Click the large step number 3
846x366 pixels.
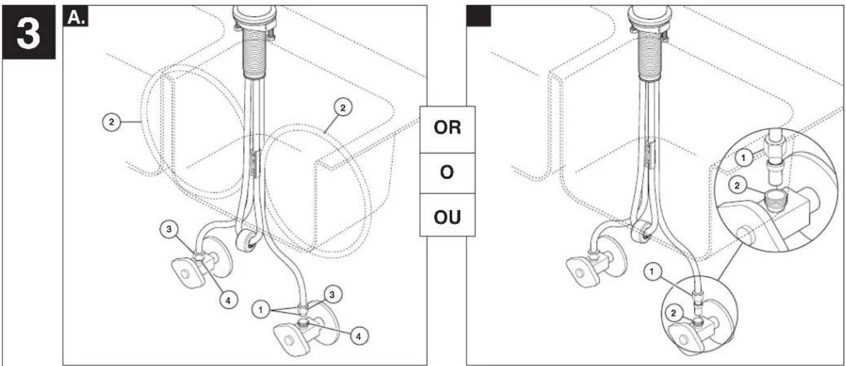tap(28, 33)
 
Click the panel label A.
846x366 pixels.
tap(76, 17)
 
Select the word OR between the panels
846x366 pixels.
tap(447, 128)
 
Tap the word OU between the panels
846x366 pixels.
tap(447, 217)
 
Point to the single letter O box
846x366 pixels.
tap(447, 173)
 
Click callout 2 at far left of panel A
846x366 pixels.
tap(111, 122)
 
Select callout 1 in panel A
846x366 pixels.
tap(260, 310)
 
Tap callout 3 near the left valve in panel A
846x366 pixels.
tap(169, 229)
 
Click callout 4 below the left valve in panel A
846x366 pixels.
tap(228, 301)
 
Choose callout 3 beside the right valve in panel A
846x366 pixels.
tap(332, 294)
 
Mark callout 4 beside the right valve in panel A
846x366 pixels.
tap(358, 336)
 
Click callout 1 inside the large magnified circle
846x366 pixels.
tap(744, 158)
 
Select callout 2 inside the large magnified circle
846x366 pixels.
tap(737, 185)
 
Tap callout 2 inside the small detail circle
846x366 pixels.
tap(673, 313)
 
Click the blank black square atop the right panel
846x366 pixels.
tap(479, 16)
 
